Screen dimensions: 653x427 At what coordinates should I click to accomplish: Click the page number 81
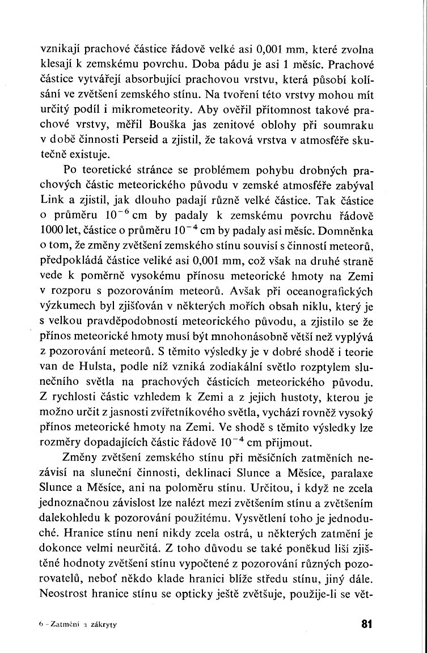pos(365,625)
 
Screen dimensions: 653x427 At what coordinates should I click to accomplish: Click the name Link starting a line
pos(51,200)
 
